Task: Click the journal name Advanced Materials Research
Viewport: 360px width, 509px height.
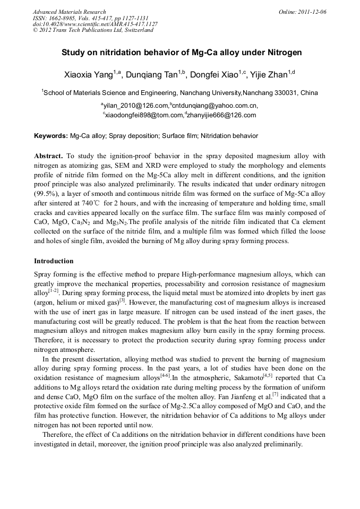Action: click(x=69, y=12)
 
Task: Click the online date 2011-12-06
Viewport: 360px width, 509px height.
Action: click(x=311, y=12)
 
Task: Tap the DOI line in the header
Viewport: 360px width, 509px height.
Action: click(x=95, y=24)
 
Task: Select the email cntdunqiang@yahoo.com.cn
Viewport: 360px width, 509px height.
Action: click(x=215, y=106)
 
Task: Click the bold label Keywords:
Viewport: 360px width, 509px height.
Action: click(x=51, y=136)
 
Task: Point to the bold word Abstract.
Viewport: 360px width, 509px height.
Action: click(x=48, y=156)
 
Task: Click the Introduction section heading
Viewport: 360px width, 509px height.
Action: click(x=54, y=261)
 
